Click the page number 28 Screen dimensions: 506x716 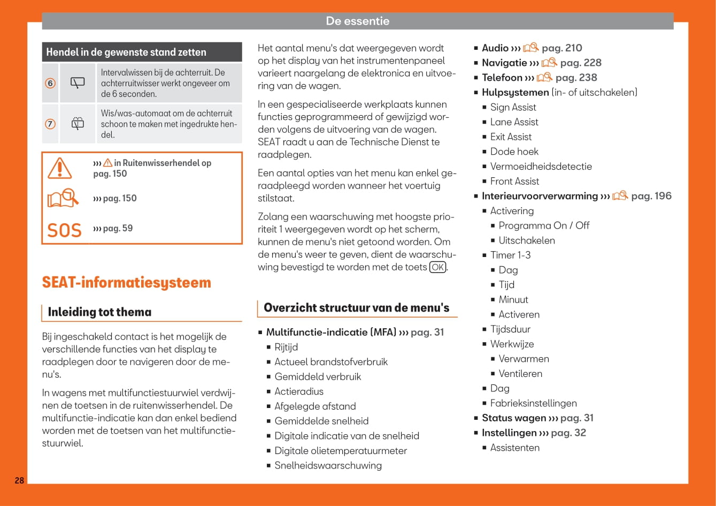coord(19,480)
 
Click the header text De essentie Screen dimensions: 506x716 coord(358,21)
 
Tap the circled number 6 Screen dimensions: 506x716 coord(50,83)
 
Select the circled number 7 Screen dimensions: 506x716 coord(50,124)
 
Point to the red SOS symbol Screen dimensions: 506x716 coord(65,230)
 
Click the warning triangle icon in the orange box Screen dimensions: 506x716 coord(59,168)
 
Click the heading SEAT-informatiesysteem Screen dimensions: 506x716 coord(127,283)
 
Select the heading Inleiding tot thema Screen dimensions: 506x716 coord(99,312)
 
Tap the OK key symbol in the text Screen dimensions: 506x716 coord(438,267)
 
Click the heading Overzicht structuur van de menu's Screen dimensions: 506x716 coord(357,308)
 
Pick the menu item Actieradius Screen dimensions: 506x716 coord(299,391)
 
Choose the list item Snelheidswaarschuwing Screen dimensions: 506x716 coord(328,465)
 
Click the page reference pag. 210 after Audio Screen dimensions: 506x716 coord(561,48)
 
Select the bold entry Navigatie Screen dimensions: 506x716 coord(504,63)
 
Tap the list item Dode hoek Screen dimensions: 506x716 coord(514,152)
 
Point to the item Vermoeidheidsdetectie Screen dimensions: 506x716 coord(541,167)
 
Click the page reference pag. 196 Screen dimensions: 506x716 coord(651,196)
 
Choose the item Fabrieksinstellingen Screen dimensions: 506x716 coord(533,403)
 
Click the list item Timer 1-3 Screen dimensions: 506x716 coord(510,255)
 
